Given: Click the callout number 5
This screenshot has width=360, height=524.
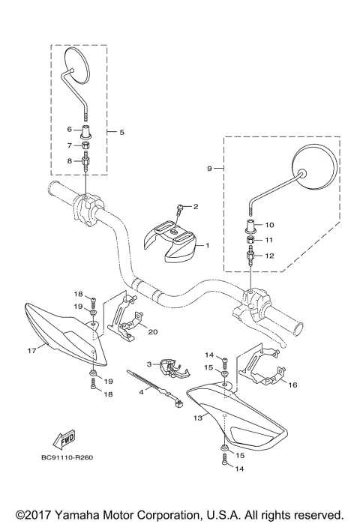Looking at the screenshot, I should click(121, 132).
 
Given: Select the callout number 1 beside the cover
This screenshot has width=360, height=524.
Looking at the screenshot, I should click(208, 245).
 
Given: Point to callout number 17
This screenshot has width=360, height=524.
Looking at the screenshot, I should click(31, 349).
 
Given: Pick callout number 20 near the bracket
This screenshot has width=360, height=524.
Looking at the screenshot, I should click(152, 331).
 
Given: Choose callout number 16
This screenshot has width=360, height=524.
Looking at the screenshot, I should click(293, 384).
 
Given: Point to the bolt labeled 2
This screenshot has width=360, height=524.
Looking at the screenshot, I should click(180, 209).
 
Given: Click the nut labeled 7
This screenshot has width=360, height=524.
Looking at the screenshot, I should click(87, 145).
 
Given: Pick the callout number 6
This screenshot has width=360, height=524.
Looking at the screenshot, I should click(70, 130).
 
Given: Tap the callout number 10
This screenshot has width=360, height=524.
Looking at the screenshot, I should click(270, 224).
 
